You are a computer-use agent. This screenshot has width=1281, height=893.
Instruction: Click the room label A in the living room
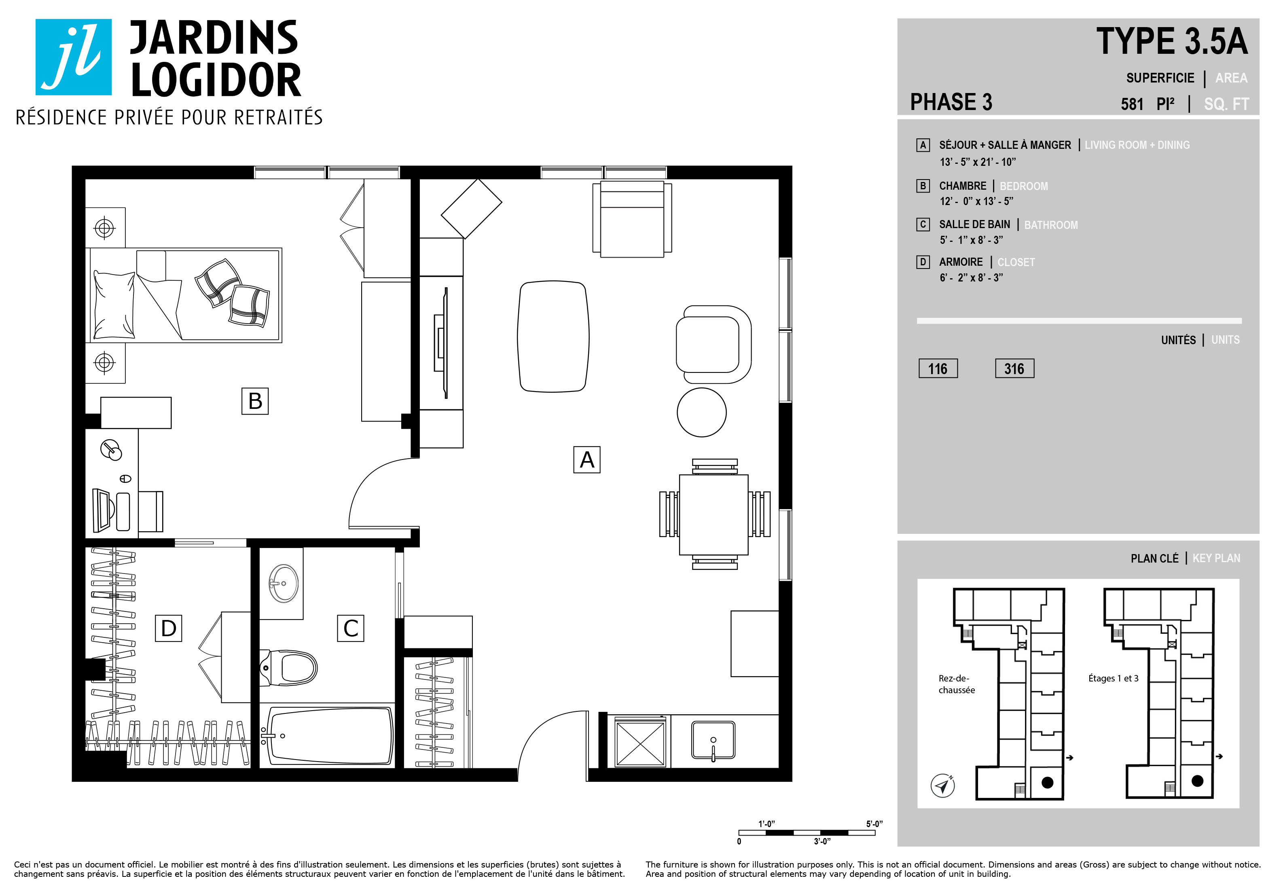coord(587,459)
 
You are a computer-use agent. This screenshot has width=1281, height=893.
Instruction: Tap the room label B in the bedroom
coord(255,401)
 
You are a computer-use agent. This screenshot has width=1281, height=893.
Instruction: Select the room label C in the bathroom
coord(350,628)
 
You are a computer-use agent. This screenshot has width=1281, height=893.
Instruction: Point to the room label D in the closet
coord(169,628)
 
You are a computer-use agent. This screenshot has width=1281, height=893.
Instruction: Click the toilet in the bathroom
coord(288,668)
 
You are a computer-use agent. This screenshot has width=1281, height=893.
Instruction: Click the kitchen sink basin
coord(713,740)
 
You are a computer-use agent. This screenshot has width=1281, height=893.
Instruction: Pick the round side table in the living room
coord(701,412)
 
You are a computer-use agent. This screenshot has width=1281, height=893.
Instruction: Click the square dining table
coord(714,514)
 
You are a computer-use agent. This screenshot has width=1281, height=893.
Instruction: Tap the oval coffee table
coord(553,337)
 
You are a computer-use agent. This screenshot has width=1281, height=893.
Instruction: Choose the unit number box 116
coord(938,369)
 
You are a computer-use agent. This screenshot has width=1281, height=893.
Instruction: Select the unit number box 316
coord(1014,369)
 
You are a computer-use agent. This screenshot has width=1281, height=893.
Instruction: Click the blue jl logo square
coord(74,57)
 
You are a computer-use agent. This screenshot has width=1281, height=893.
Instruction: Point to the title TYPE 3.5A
coord(1172,41)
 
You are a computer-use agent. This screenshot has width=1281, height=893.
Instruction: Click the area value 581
coord(1132,104)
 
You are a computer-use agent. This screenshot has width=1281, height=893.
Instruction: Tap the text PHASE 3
coord(951,102)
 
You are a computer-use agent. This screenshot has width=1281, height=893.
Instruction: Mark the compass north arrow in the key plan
coord(943,785)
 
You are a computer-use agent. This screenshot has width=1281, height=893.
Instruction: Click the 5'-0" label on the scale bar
coord(874,824)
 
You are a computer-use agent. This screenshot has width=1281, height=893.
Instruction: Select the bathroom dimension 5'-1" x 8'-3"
coord(971,240)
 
